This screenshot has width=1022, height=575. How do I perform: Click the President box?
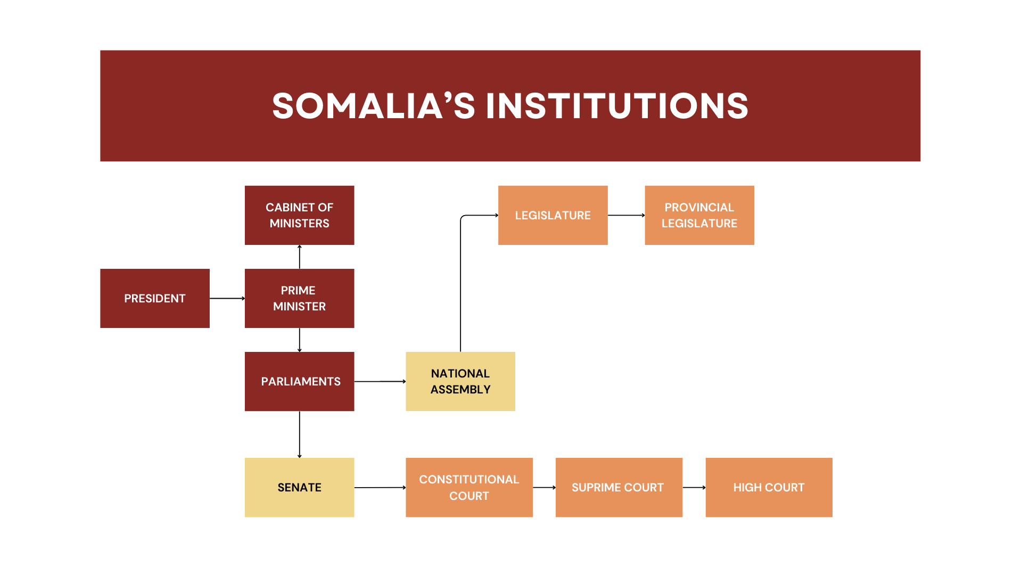[x=155, y=298]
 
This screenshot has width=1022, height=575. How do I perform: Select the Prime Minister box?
[x=299, y=298]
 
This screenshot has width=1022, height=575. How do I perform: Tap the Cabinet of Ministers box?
[x=299, y=215]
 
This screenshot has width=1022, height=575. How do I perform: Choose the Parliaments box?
[x=299, y=381]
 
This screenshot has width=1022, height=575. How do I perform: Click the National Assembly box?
[x=460, y=381]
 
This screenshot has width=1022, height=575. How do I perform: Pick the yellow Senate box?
[x=299, y=487]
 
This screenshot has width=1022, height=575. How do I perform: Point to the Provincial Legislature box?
[x=699, y=215]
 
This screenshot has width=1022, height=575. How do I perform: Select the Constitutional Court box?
[x=469, y=487]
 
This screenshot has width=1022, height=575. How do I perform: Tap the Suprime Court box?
[x=619, y=487]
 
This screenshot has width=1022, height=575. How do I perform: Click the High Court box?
[x=769, y=487]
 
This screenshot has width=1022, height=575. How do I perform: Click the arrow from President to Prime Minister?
[x=227, y=298]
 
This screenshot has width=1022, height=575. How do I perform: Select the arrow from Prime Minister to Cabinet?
[x=300, y=257]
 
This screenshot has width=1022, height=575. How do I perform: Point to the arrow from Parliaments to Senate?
[x=300, y=434]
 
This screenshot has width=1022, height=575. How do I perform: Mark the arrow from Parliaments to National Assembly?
[x=380, y=381]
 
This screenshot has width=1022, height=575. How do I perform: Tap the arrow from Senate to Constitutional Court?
[x=380, y=487]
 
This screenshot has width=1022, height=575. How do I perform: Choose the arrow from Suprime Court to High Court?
[x=694, y=487]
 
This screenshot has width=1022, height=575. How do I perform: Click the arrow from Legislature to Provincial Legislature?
[x=626, y=215]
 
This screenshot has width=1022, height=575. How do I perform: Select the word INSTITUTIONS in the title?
[x=617, y=105]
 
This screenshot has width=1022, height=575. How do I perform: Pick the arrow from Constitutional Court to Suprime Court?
[x=544, y=487]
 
